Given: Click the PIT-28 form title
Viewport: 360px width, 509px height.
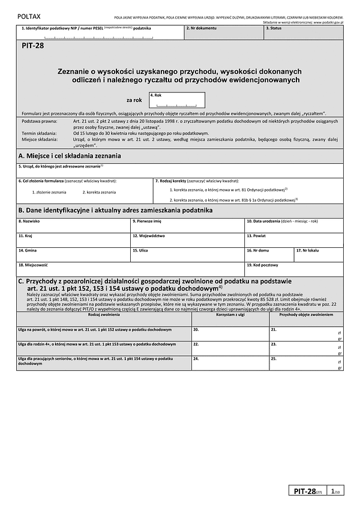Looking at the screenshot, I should click(36, 52).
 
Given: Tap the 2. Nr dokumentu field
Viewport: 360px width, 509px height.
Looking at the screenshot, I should click(223, 32).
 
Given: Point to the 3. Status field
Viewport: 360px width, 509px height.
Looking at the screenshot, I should click(304, 32).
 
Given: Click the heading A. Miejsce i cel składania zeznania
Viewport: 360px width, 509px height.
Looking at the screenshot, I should click(70, 155).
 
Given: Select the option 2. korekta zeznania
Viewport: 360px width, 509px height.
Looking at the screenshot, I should click(99, 192).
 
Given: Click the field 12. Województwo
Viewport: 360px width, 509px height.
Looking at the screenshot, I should click(187, 239).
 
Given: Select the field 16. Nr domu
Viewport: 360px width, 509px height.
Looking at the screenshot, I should click(269, 254).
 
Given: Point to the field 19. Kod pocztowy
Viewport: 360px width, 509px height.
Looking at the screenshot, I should click(294, 268).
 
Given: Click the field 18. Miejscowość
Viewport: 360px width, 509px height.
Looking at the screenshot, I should click(130, 268).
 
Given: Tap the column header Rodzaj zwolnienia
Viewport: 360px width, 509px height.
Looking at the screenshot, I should click(103, 314).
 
